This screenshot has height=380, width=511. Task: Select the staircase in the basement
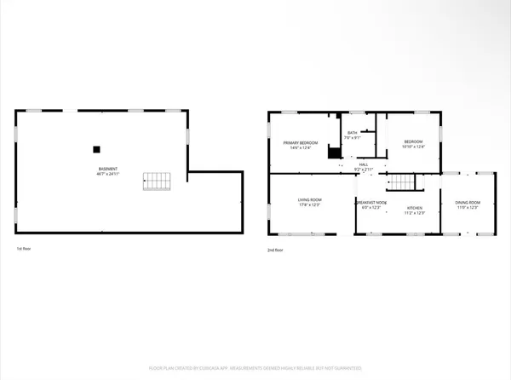click(158, 181)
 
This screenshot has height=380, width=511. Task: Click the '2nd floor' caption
click(275, 249)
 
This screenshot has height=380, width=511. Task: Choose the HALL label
click(364, 164)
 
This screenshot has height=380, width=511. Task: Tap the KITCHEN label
click(415, 207)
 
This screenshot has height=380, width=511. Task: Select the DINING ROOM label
click(468, 202)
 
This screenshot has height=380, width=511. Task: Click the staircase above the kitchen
click(401, 182)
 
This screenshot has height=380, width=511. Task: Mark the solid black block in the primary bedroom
click(334, 154)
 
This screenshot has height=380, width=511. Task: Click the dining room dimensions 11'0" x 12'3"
click(468, 208)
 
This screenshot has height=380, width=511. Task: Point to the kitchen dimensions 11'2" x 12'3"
click(415, 213)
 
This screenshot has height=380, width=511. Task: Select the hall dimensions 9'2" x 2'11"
click(364, 170)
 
